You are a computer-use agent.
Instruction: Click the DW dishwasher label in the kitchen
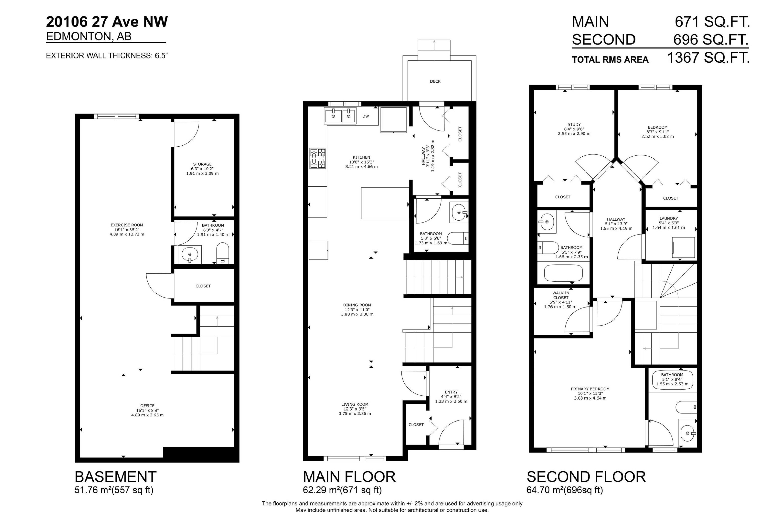coord(366,116)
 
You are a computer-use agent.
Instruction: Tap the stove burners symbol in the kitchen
coord(318,158)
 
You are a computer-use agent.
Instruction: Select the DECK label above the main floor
coord(435,81)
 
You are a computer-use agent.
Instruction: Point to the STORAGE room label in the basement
coord(202,164)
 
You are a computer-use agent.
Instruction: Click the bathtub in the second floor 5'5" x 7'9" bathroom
coord(563,273)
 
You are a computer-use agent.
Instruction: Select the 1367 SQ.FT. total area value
coord(708,58)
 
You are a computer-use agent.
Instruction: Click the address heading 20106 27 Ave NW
coord(107,22)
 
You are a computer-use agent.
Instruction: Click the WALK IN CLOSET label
coord(560,295)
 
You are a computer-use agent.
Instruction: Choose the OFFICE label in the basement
coord(147,406)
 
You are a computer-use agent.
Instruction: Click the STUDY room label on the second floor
coord(574,124)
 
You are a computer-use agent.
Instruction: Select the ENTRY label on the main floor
coord(451,392)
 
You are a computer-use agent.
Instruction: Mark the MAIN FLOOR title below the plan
coord(349,477)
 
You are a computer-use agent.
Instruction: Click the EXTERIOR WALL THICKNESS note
coord(107,56)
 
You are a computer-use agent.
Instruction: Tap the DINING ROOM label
coord(357,305)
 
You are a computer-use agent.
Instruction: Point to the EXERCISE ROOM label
coord(127,225)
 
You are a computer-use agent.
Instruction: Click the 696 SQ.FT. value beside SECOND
coord(711,40)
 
